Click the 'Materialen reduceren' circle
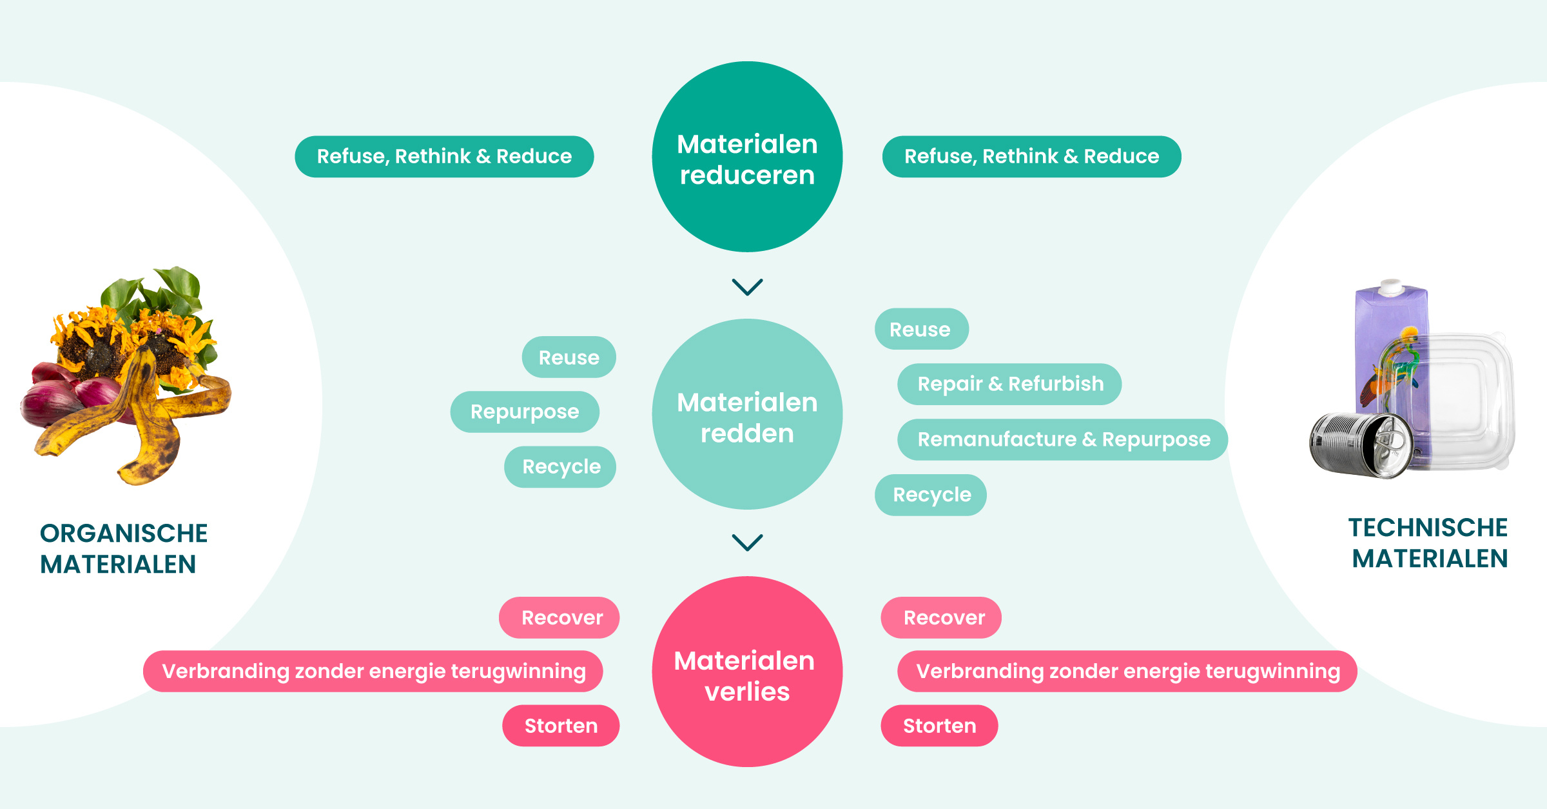(747, 157)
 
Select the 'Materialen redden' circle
(747, 414)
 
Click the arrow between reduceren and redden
(747, 286)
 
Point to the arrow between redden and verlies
(747, 542)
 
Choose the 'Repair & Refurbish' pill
(1009, 384)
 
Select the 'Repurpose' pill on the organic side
(525, 412)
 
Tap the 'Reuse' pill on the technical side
(921, 329)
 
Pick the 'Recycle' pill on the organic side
(560, 466)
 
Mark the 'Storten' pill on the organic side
(561, 726)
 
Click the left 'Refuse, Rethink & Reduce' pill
(444, 157)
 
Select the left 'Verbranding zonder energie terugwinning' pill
(373, 671)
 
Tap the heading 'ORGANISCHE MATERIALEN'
(124, 548)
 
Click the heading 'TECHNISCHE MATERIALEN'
(1428, 543)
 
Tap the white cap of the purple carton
(1390, 286)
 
